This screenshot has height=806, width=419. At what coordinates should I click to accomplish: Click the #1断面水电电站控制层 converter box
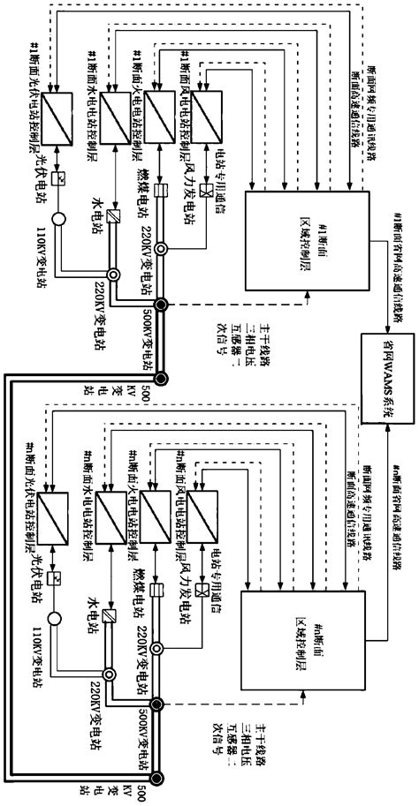(x=116, y=117)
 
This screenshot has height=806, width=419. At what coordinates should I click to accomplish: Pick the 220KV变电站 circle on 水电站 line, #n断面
(x=110, y=674)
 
